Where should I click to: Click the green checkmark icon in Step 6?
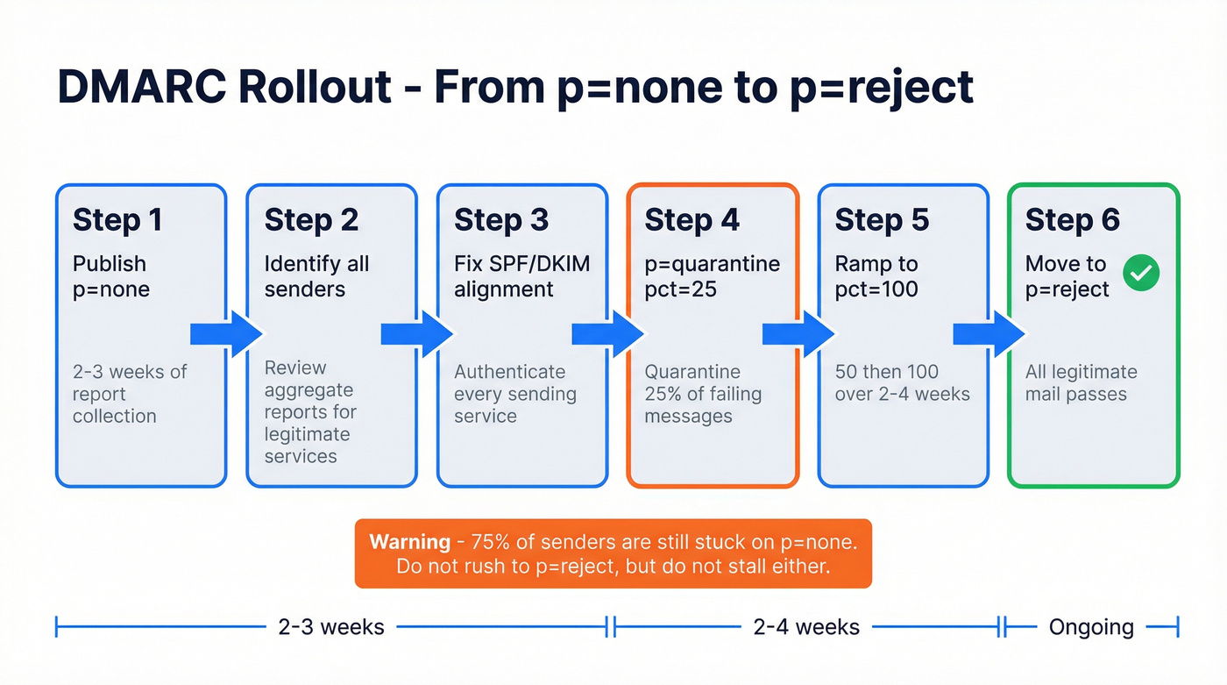pyautogui.click(x=1141, y=275)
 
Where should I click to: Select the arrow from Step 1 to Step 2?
pyautogui.click(x=226, y=334)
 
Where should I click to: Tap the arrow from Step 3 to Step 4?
pyautogui.click(x=608, y=334)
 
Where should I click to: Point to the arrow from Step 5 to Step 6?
pyautogui.click(x=989, y=334)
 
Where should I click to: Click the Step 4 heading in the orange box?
pyautogui.click(x=692, y=220)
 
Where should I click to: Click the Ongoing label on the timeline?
pyautogui.click(x=1091, y=627)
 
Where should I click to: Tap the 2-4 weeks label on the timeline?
pyautogui.click(x=806, y=627)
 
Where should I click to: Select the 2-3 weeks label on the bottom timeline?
pyautogui.click(x=331, y=627)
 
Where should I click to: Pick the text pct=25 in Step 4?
pyautogui.click(x=681, y=289)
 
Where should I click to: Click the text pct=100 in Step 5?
pyautogui.click(x=876, y=289)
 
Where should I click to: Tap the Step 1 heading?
pyautogui.click(x=117, y=220)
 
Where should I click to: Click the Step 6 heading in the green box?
pyautogui.click(x=1072, y=220)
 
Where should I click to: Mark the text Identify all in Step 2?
pyautogui.click(x=316, y=264)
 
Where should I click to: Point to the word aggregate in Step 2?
pyautogui.click(x=309, y=390)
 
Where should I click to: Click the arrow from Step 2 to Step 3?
pyautogui.click(x=417, y=334)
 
